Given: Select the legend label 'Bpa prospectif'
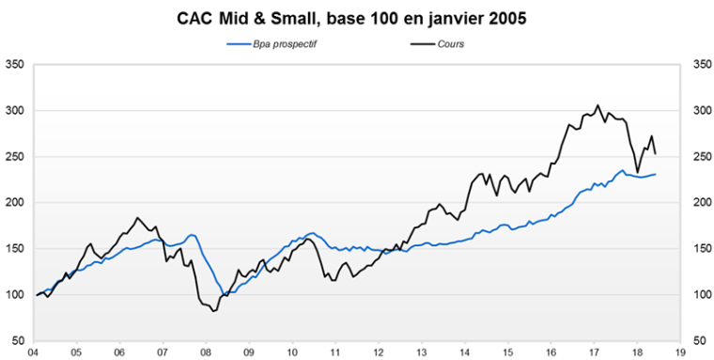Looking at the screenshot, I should [286, 43].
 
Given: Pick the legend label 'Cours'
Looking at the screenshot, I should [451, 43].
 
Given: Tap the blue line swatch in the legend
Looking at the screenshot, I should [239, 43].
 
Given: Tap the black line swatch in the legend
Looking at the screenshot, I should [421, 43].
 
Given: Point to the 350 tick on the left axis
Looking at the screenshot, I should [16, 65].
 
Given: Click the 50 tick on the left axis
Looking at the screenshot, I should [19, 340].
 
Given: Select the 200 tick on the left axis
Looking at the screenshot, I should [16, 202].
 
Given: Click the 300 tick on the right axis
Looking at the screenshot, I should [700, 111].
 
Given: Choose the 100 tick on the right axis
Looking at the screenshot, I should [700, 294].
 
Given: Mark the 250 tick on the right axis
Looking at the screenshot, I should [700, 156].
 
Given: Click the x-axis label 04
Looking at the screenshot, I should [33, 352].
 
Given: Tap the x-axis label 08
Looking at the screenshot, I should [205, 352].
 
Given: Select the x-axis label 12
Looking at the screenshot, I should [377, 352].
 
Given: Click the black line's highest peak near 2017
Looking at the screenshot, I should [598, 105].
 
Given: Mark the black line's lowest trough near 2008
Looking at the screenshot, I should [214, 311].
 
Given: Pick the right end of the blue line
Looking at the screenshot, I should [655, 174].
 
